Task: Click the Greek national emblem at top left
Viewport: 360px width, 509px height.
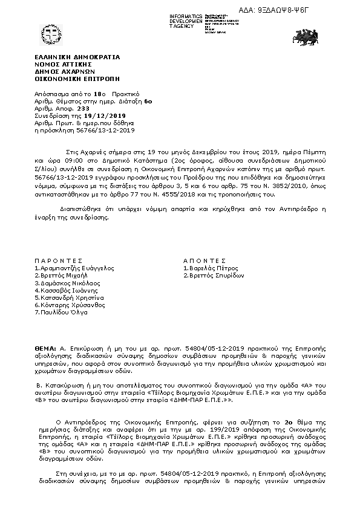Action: pos(50,34)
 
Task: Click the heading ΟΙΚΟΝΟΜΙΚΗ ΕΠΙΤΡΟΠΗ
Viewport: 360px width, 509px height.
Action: pos(77,79)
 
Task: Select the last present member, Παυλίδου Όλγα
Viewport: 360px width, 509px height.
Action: pos(63,312)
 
